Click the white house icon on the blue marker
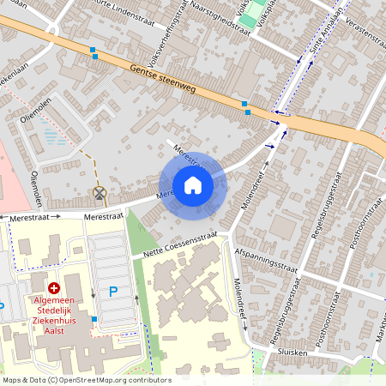193,185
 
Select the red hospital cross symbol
54,289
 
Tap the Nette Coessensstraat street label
180,243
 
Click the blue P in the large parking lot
113,292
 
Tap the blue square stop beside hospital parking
94,319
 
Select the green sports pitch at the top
250,19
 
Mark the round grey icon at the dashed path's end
100,194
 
